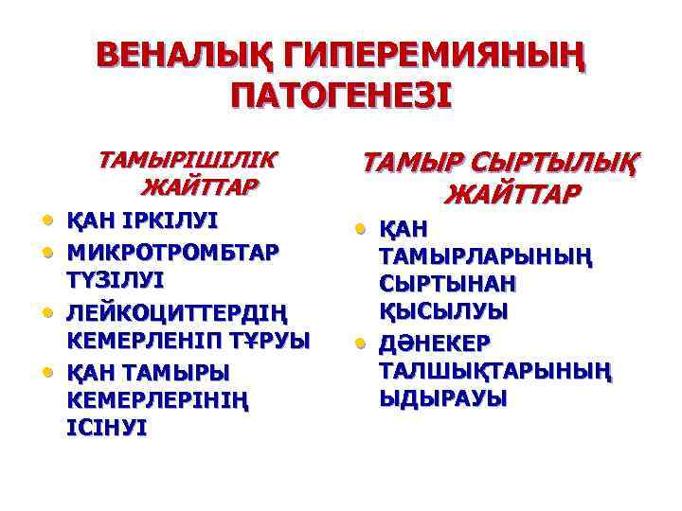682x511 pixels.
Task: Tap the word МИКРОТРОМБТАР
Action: coord(171,253)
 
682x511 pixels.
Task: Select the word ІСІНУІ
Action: coord(107,429)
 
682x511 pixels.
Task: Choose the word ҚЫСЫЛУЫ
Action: coord(443,311)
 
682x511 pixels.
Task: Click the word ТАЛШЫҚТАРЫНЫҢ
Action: coord(495,370)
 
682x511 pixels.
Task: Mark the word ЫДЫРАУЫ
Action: coord(442,398)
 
